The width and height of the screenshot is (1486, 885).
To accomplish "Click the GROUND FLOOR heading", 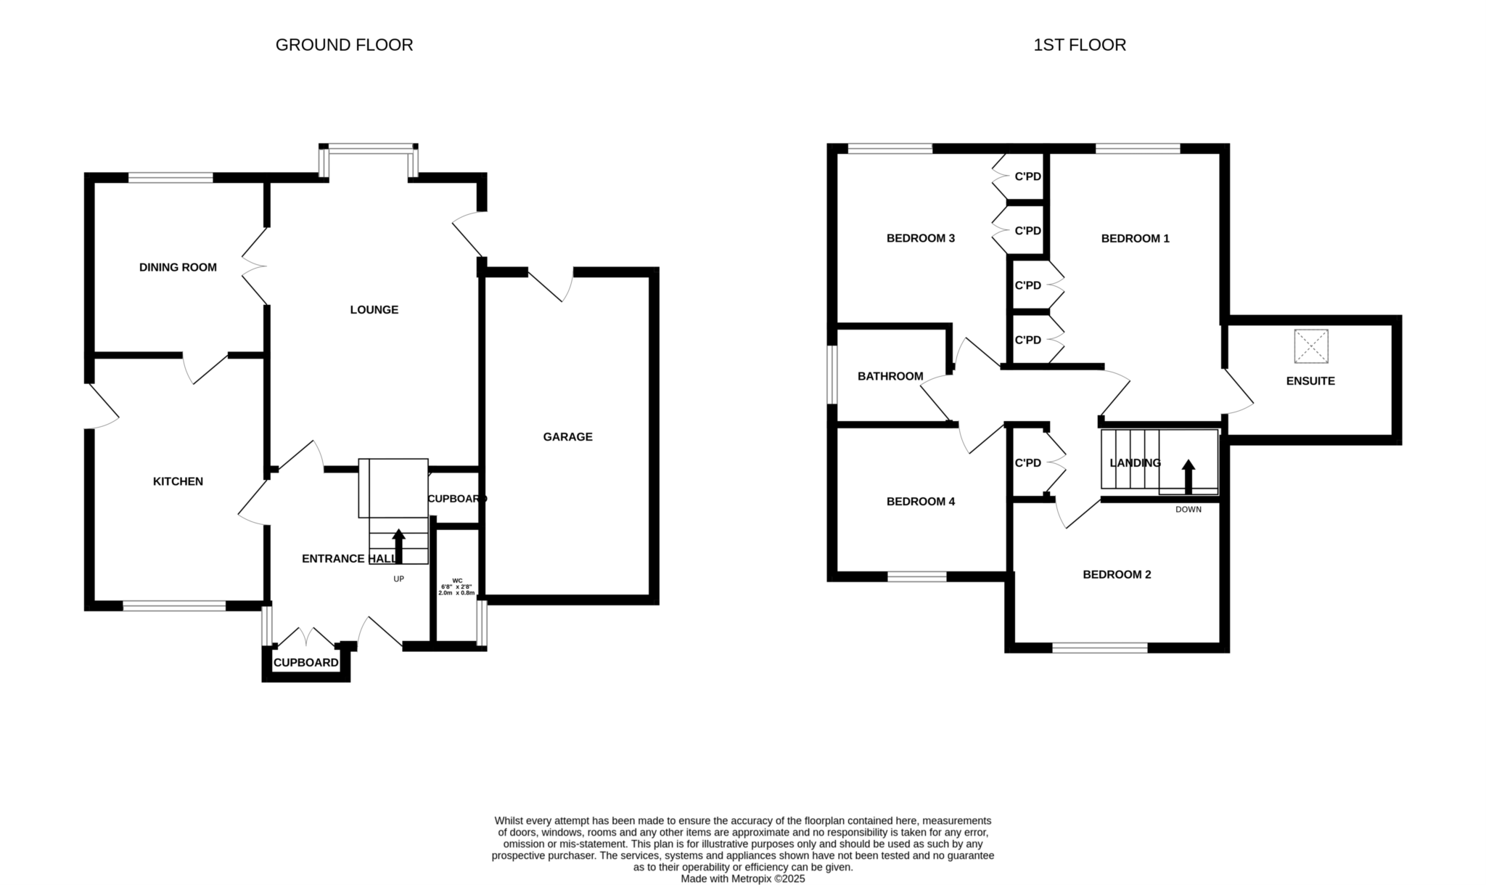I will coord(344,45).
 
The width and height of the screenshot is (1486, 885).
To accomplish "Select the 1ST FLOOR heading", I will coord(1079,45).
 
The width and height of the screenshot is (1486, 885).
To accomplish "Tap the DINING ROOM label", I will coord(178,267).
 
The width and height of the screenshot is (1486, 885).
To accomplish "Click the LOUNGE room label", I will coord(374,310).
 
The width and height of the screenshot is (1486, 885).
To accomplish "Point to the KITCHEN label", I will coord(178,481).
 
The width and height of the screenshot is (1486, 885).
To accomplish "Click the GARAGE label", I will coord(567,437).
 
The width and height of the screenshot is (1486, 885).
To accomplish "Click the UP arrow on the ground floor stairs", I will coord(398,546).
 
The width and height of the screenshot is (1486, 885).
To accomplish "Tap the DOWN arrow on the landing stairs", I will coord(1188,476).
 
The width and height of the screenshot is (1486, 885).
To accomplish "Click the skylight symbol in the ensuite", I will coord(1310,346).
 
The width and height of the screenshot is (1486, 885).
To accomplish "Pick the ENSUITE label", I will coord(1310,381).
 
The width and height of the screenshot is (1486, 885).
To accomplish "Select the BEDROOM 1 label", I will coord(1135,238).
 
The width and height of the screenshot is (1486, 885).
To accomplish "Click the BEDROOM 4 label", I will coord(920,502).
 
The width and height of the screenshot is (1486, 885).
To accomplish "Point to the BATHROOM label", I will coord(890,376).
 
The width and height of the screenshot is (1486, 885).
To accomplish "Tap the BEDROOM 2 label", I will coord(1117,575).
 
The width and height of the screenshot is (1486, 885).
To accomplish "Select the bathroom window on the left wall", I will coord(833,375).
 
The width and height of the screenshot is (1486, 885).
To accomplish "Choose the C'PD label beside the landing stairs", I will coord(1027,463).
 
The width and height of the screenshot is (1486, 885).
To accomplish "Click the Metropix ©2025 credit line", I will coord(742,878).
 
